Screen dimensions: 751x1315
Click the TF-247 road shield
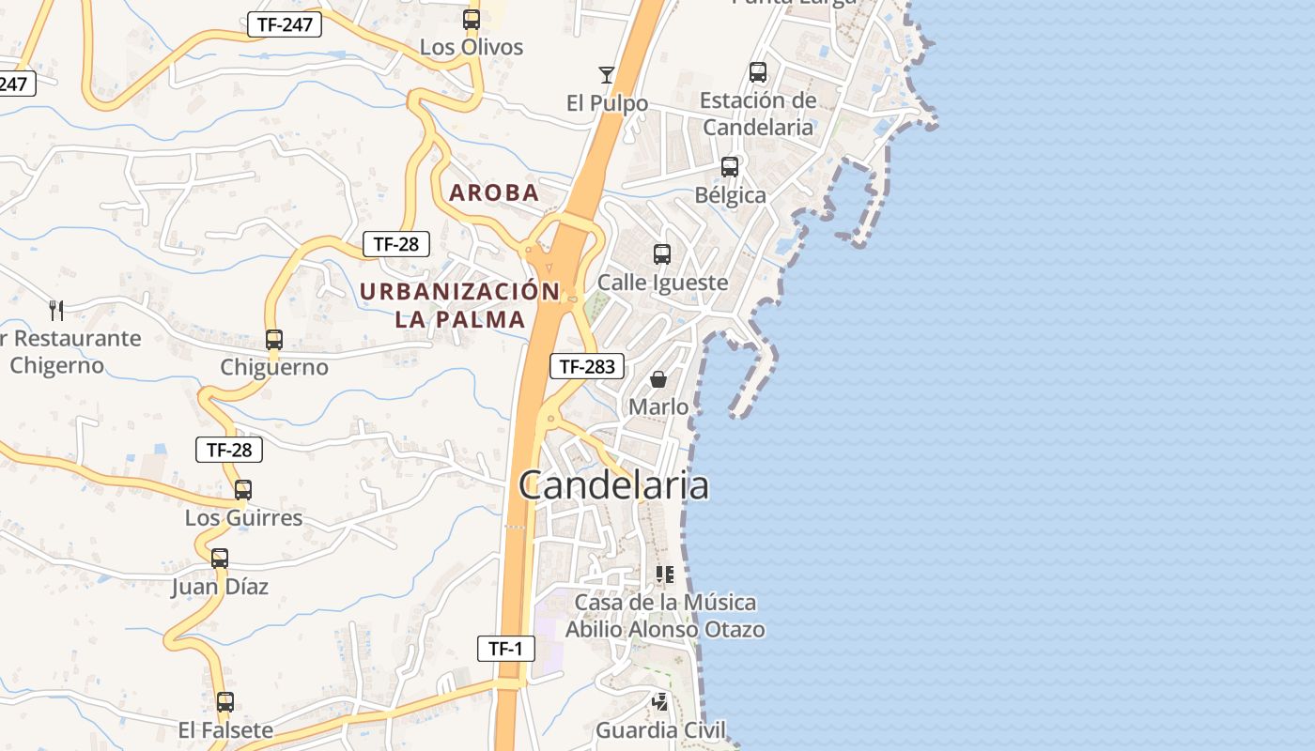pyautogui.click(x=285, y=24)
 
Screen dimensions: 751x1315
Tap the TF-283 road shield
pyautogui.click(x=587, y=366)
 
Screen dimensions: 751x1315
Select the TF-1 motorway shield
pyautogui.click(x=506, y=648)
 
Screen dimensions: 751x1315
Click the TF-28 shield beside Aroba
pyautogui.click(x=396, y=244)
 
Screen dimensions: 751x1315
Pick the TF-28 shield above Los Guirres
pyautogui.click(x=229, y=450)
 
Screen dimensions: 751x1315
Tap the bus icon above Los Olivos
pyautogui.click(x=472, y=19)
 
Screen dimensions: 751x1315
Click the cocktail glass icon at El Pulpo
pyautogui.click(x=607, y=75)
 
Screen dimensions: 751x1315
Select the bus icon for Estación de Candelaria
pyautogui.click(x=758, y=71)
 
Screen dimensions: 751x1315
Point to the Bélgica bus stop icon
pyautogui.click(x=730, y=167)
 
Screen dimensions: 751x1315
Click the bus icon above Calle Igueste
pyautogui.click(x=662, y=253)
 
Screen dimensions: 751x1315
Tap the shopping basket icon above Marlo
pyautogui.click(x=658, y=379)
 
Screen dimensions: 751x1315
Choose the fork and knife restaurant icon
pyautogui.click(x=56, y=310)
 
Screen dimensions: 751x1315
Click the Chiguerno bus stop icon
pyautogui.click(x=274, y=340)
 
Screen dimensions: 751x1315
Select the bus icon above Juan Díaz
pyautogui.click(x=220, y=559)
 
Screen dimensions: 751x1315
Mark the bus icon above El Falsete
pyautogui.click(x=225, y=701)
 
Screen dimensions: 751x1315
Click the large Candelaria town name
pyautogui.click(x=613, y=485)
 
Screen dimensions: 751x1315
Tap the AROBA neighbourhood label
pyautogui.click(x=494, y=193)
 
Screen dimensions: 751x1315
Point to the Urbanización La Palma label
pyautogui.click(x=459, y=305)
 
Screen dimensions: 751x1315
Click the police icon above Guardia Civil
pyautogui.click(x=661, y=701)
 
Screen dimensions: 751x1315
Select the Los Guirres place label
pyautogui.click(x=243, y=517)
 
